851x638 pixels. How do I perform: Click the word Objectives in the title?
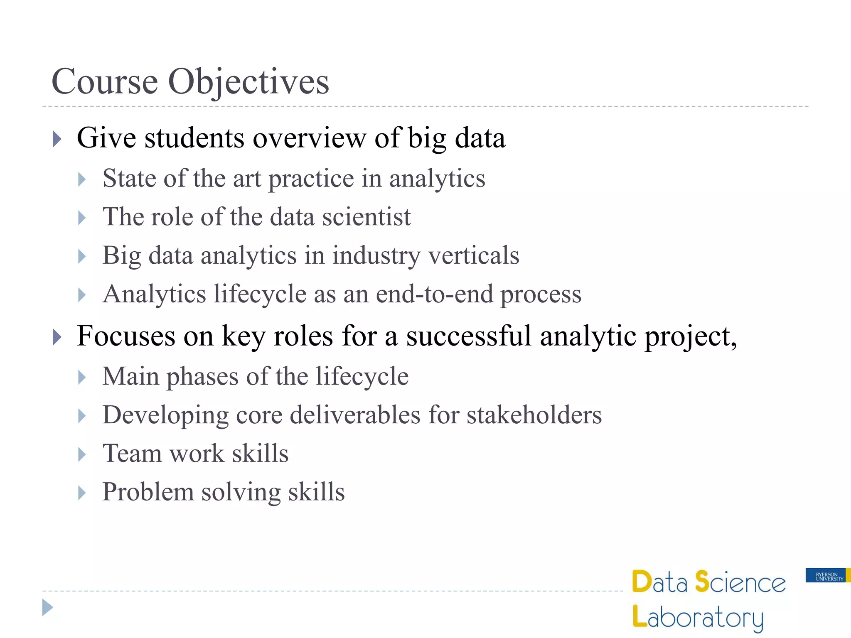(x=248, y=82)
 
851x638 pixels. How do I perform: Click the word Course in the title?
(x=104, y=82)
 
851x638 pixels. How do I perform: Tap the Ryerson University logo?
(x=827, y=576)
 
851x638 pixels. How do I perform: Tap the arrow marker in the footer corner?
(x=47, y=608)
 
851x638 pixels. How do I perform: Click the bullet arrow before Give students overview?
(x=57, y=139)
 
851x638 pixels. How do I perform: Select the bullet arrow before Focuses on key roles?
(x=57, y=337)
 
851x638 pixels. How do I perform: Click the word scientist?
(x=366, y=217)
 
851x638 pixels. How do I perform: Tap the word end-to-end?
(x=434, y=294)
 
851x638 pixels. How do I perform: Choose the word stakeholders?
(x=534, y=415)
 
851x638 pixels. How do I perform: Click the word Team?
(x=132, y=453)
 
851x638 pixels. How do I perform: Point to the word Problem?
(x=148, y=492)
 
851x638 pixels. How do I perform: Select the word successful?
(x=468, y=336)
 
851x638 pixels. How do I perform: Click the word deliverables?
(x=355, y=415)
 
